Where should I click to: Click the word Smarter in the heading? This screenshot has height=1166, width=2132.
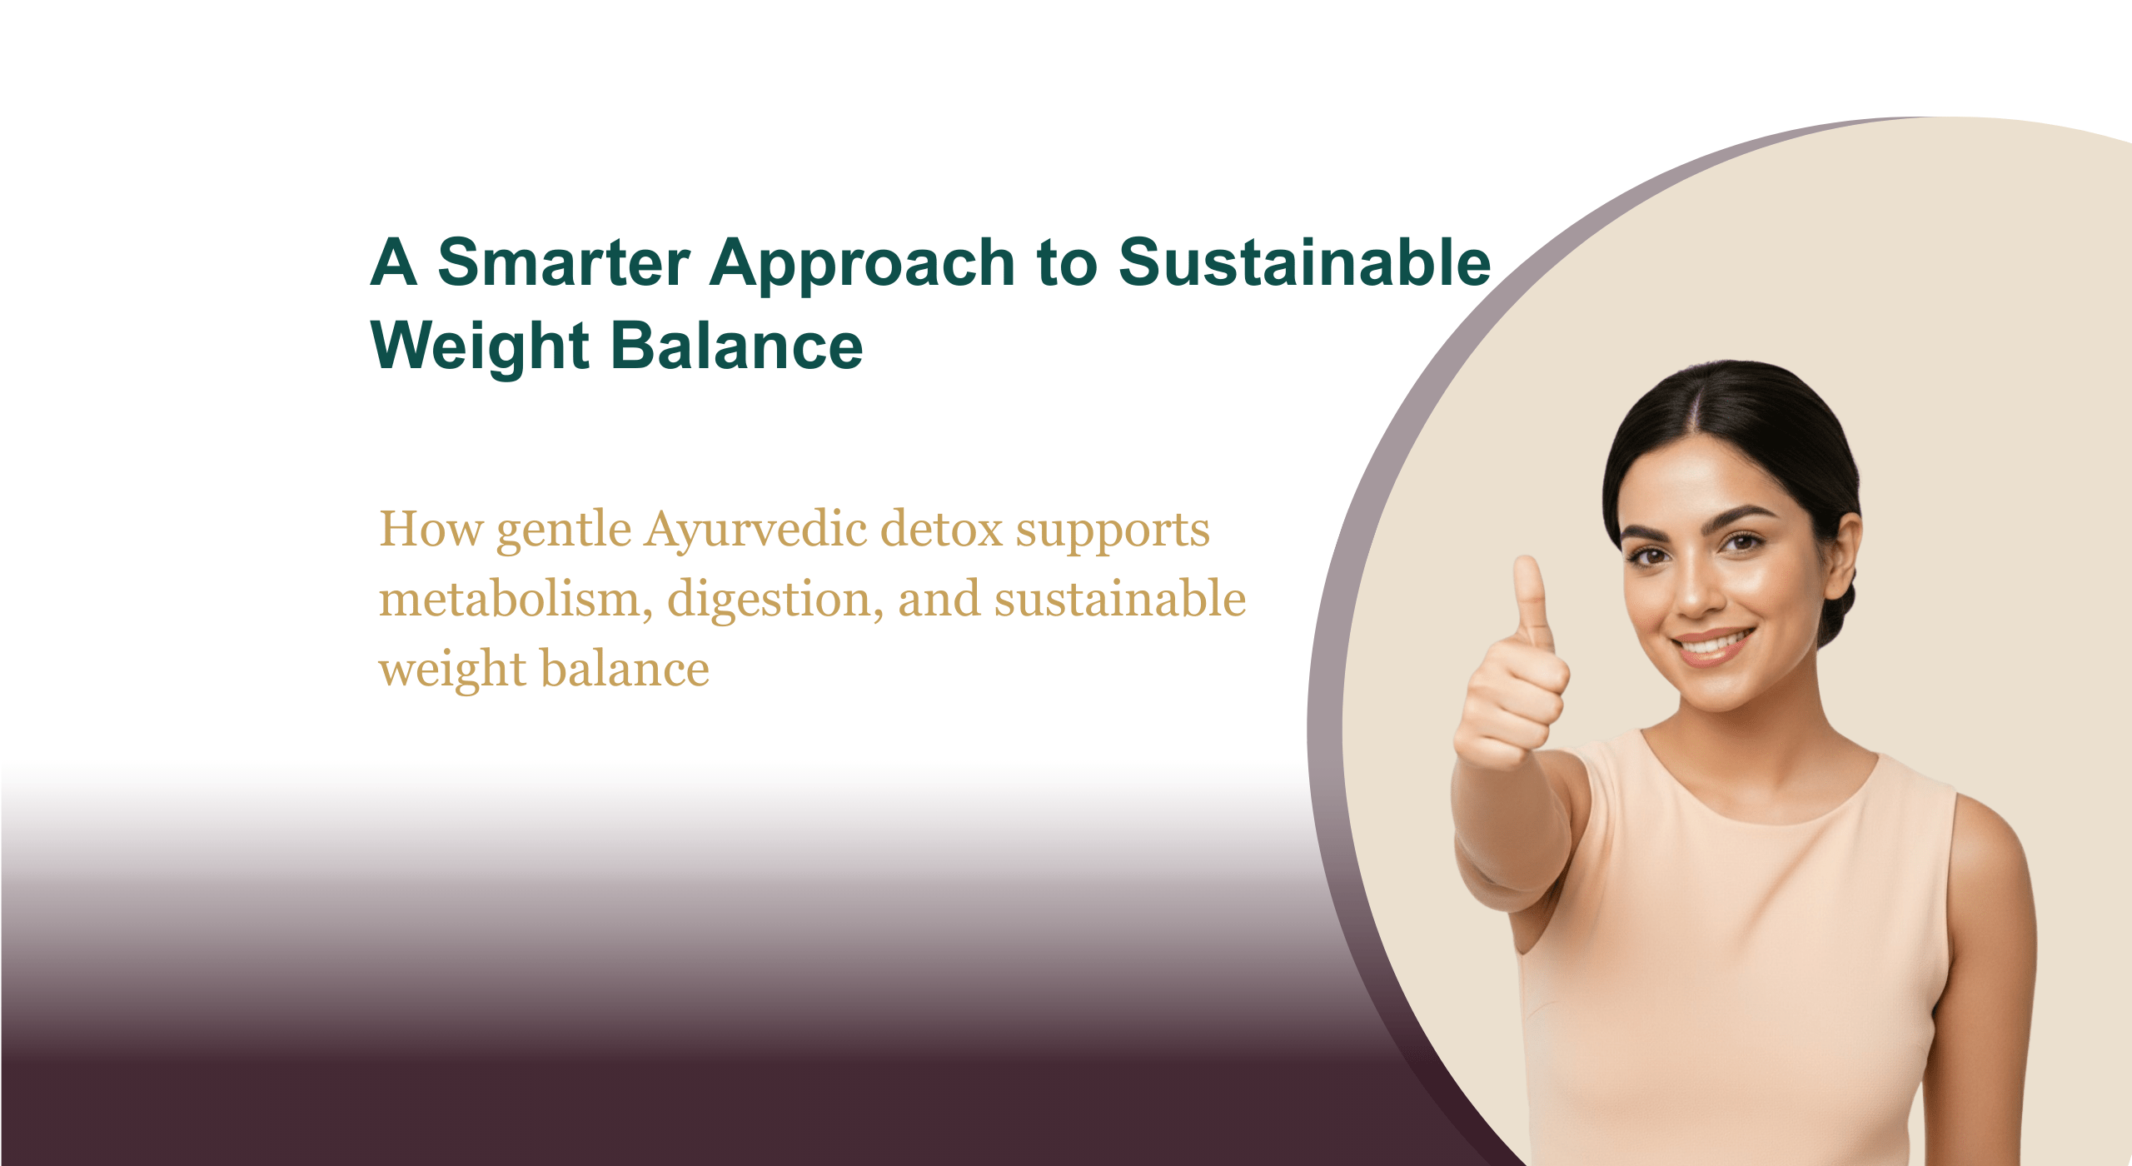pyautogui.click(x=564, y=262)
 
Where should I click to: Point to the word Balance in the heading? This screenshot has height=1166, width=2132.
pyautogui.click(x=737, y=345)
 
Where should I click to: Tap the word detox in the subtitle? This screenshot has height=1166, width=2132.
pyautogui.click(x=941, y=529)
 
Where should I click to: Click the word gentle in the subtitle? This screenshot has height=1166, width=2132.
pyautogui.click(x=564, y=531)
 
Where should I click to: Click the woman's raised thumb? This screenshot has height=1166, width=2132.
pyautogui.click(x=1531, y=600)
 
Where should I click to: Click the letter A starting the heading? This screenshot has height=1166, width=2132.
pyautogui.click(x=393, y=262)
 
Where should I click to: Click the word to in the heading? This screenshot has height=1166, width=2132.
pyautogui.click(x=1067, y=264)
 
